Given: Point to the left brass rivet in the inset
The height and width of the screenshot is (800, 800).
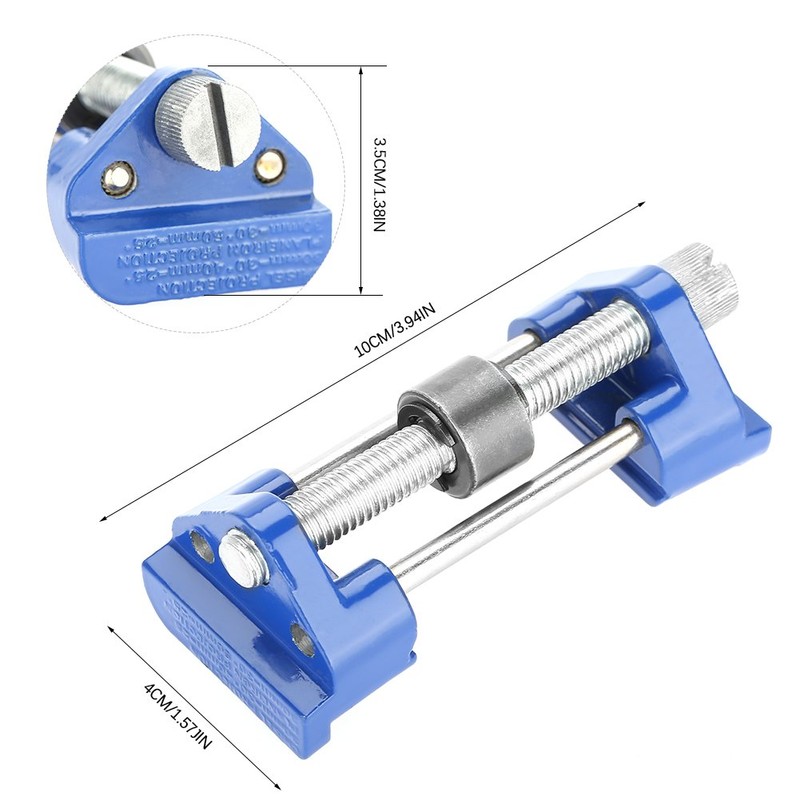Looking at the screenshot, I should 117,178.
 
